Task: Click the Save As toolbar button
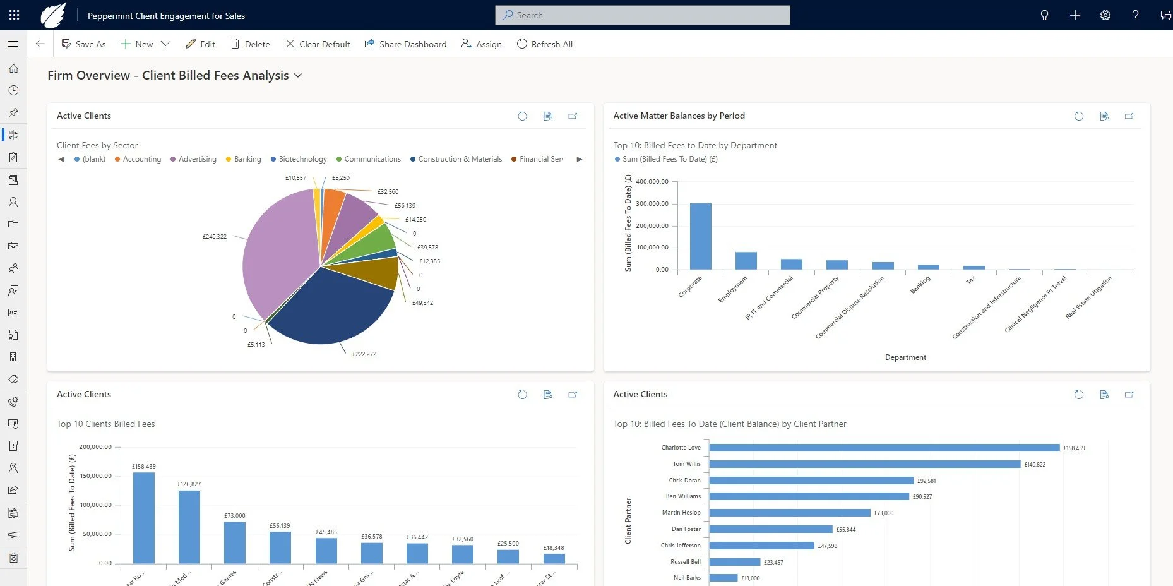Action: coord(83,44)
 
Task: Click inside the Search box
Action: coord(642,15)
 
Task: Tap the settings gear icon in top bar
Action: coord(1105,15)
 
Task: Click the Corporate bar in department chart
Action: coord(700,236)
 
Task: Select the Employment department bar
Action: coord(746,261)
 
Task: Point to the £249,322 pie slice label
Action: coord(214,237)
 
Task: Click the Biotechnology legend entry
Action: coord(302,159)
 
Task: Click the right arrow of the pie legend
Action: coord(579,159)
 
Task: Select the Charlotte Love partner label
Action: coord(681,448)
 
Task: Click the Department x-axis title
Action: coord(905,357)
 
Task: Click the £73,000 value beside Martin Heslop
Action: coord(883,513)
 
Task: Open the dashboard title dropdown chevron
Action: coord(298,76)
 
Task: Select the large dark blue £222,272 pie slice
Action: coord(328,309)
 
